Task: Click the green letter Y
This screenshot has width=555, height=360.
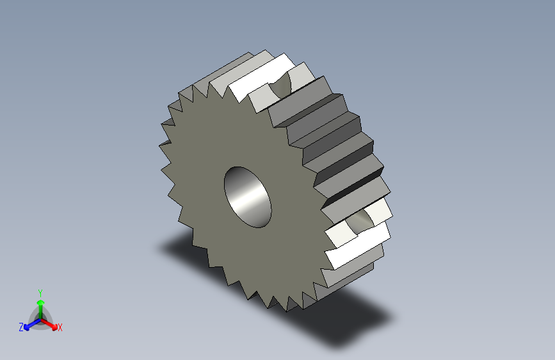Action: (x=40, y=292)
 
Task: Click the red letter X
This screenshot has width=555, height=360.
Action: (x=60, y=328)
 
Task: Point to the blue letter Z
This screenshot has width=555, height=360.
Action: (x=21, y=327)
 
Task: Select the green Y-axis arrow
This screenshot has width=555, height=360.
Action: (x=40, y=305)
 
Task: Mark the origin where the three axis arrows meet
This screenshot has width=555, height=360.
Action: (x=40, y=318)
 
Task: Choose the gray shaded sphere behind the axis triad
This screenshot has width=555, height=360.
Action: (x=40, y=316)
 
